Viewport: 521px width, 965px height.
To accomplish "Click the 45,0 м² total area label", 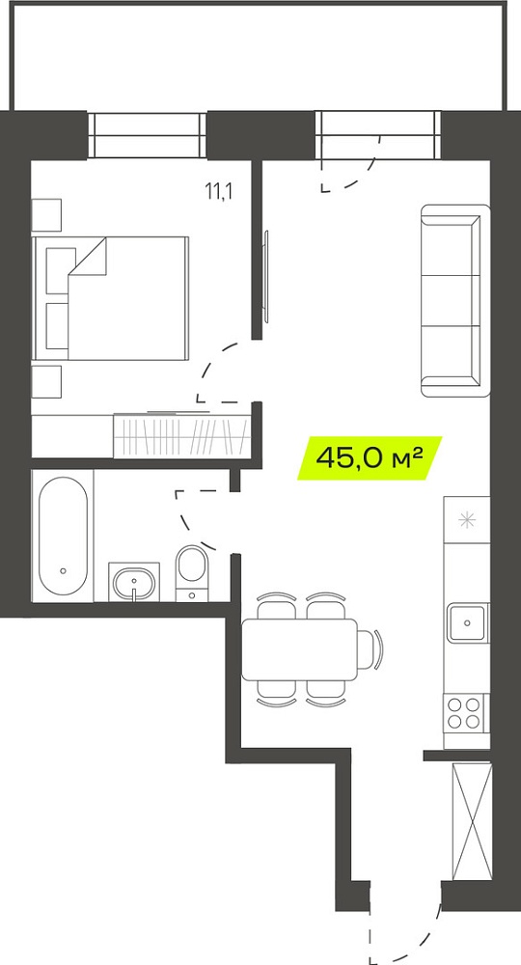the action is (x=370, y=457).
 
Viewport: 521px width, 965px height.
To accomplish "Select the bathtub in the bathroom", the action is (x=63, y=536).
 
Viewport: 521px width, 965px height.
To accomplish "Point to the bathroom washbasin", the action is (x=134, y=582).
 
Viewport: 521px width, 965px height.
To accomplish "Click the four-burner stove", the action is (x=464, y=713).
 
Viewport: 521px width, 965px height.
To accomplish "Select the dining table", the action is (x=299, y=649).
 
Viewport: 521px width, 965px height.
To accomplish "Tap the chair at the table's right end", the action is (x=370, y=649).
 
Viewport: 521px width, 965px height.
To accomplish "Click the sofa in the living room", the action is (x=455, y=301).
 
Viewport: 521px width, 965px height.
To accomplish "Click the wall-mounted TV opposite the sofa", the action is (x=266, y=276).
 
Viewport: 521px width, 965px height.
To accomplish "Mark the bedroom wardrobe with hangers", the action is (x=182, y=436).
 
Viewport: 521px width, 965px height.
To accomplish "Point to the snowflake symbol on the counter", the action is (x=468, y=521).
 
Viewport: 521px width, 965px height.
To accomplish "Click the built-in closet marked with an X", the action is (x=472, y=821).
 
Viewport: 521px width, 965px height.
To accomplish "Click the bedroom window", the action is (x=147, y=135).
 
